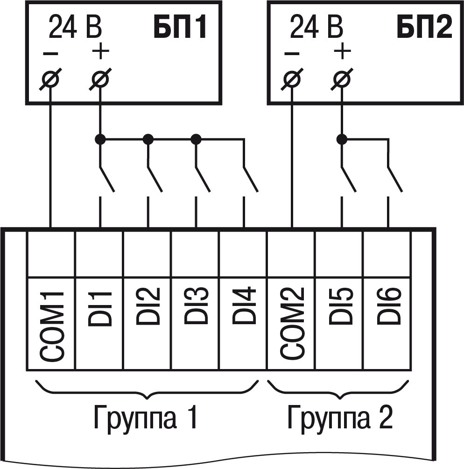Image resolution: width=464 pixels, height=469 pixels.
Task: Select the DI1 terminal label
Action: (99, 308)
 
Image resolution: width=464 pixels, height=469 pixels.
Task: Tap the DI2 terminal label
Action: (148, 306)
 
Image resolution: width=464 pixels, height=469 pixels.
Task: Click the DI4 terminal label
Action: (243, 306)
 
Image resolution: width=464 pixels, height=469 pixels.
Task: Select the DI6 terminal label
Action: (387, 306)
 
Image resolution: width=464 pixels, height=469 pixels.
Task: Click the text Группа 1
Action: (146, 417)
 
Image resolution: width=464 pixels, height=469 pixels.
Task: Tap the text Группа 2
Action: (340, 417)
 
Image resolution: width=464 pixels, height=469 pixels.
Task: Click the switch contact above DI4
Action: (250, 179)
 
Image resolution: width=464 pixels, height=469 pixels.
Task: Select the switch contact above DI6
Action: (394, 179)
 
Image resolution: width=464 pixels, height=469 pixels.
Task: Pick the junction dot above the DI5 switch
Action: (342, 139)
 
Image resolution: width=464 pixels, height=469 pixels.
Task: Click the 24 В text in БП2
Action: (316, 28)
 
